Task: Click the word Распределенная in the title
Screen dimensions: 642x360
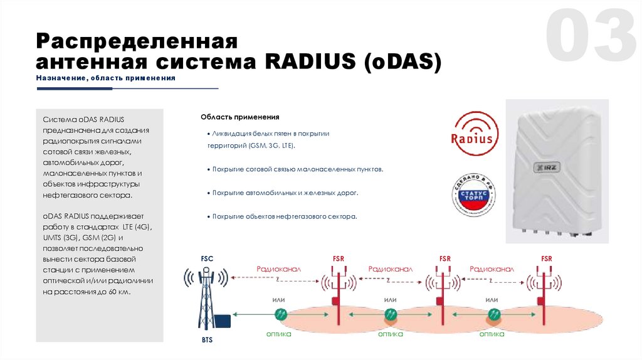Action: tap(137, 42)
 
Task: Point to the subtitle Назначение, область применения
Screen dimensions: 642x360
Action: tap(105, 78)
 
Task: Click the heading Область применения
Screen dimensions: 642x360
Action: tap(239, 117)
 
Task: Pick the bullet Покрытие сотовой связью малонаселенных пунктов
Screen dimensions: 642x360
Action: tap(297, 169)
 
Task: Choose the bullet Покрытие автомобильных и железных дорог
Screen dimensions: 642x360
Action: tap(285, 193)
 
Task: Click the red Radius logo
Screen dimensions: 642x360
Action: tap(476, 136)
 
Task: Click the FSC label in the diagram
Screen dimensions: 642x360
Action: tap(207, 258)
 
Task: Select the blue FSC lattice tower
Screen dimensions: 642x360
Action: tap(206, 300)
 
